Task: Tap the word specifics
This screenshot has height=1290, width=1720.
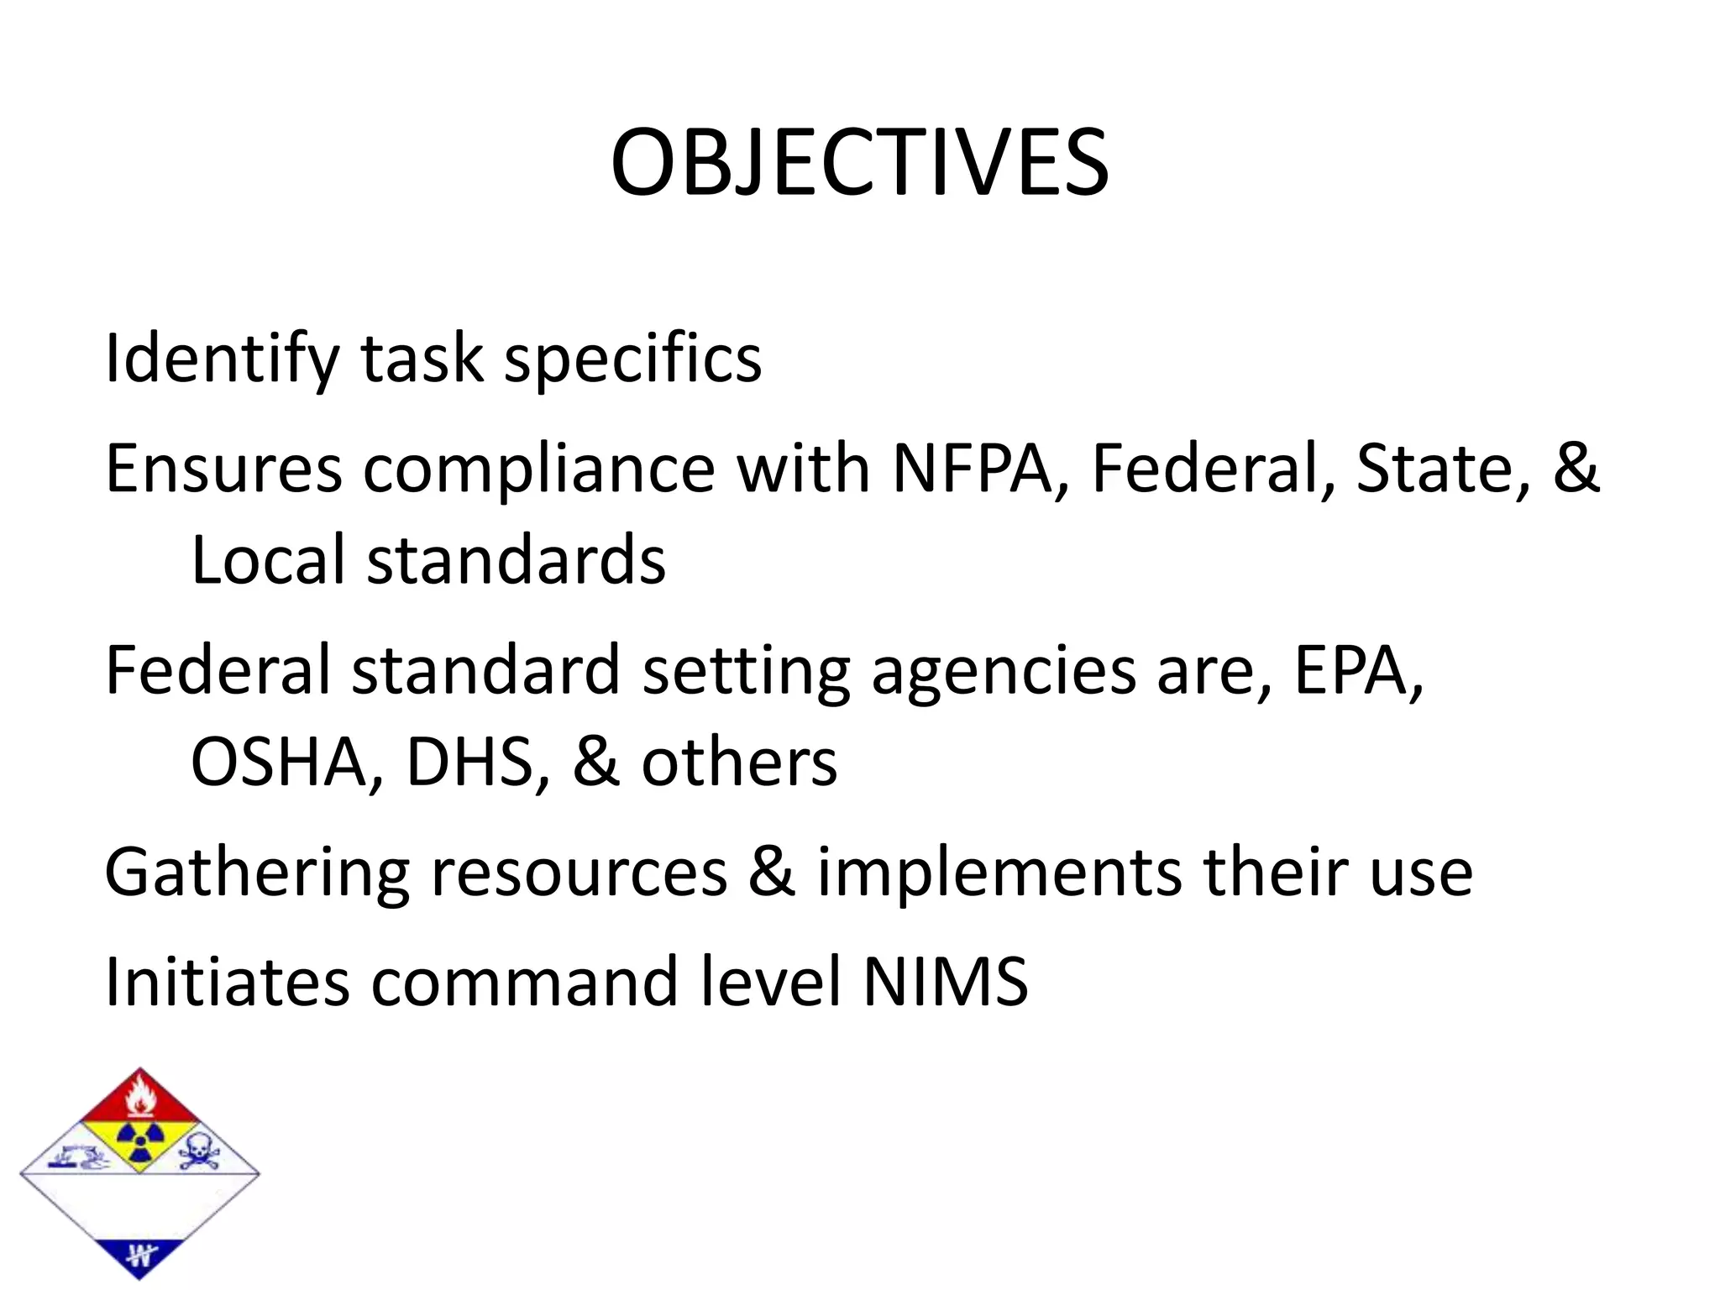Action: (x=632, y=359)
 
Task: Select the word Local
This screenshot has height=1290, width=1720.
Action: (x=268, y=560)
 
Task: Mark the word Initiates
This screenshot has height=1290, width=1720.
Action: (x=227, y=981)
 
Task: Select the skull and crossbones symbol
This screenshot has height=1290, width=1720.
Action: (x=198, y=1151)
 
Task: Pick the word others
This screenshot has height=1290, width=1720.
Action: (x=739, y=763)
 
